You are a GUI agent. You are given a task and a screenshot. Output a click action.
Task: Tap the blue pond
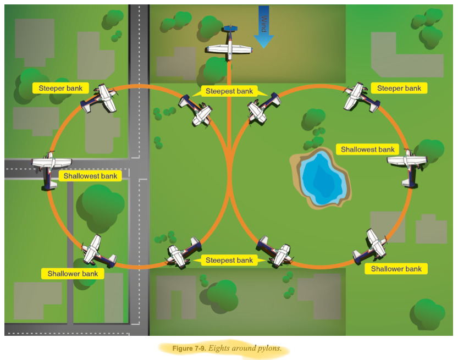(x=324, y=179)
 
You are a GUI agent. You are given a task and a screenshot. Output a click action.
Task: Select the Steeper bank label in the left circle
(x=60, y=88)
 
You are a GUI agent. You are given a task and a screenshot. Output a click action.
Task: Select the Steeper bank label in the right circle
(x=399, y=88)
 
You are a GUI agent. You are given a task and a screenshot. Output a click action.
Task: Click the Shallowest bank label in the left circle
(x=90, y=176)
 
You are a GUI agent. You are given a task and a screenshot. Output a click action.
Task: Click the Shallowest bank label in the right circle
(x=368, y=149)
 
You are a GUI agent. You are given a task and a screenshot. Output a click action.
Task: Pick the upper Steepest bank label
(x=229, y=92)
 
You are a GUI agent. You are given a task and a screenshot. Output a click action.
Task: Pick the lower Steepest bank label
(x=229, y=260)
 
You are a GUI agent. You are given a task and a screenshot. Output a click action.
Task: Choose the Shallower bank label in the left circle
(x=73, y=273)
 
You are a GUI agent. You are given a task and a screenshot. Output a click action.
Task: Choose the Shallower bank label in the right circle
(x=396, y=269)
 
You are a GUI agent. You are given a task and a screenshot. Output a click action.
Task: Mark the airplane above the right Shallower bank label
(x=372, y=245)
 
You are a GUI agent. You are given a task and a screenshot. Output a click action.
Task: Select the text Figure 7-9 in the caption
(x=189, y=348)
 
